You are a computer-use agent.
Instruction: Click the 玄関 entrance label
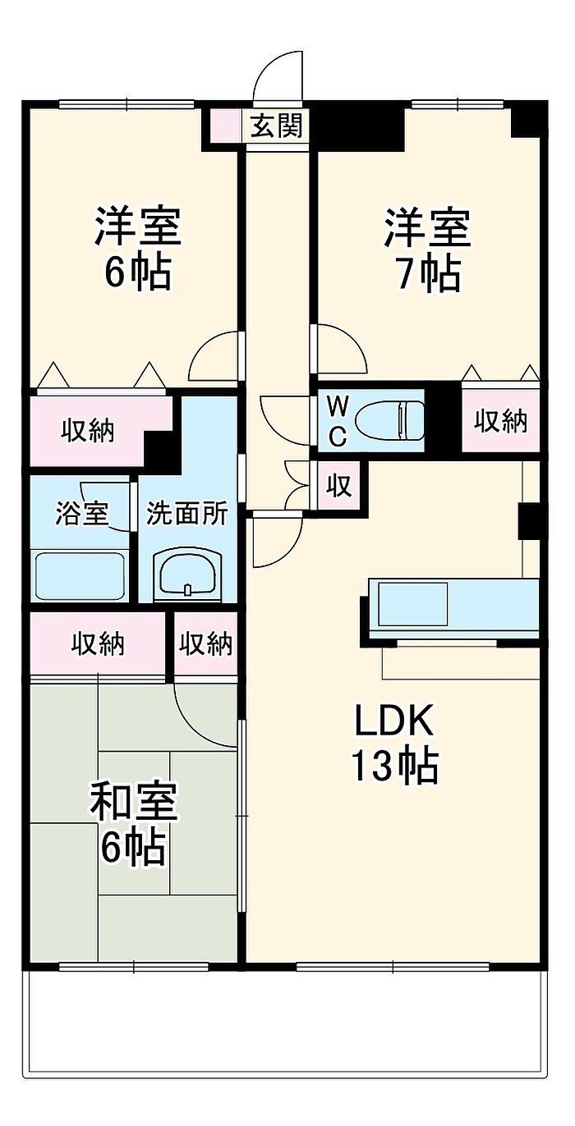tap(277, 126)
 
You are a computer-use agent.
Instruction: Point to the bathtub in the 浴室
tap(80, 575)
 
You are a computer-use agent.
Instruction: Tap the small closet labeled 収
tap(339, 486)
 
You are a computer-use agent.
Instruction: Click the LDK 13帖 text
tap(394, 743)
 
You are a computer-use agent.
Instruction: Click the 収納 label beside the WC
tap(500, 420)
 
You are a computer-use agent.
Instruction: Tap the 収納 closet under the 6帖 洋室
tap(88, 431)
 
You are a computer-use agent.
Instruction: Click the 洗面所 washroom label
tap(186, 513)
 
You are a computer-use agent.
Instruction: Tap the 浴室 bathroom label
tap(81, 513)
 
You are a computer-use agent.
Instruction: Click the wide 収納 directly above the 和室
tap(97, 644)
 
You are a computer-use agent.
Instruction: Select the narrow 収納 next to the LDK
tap(206, 644)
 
